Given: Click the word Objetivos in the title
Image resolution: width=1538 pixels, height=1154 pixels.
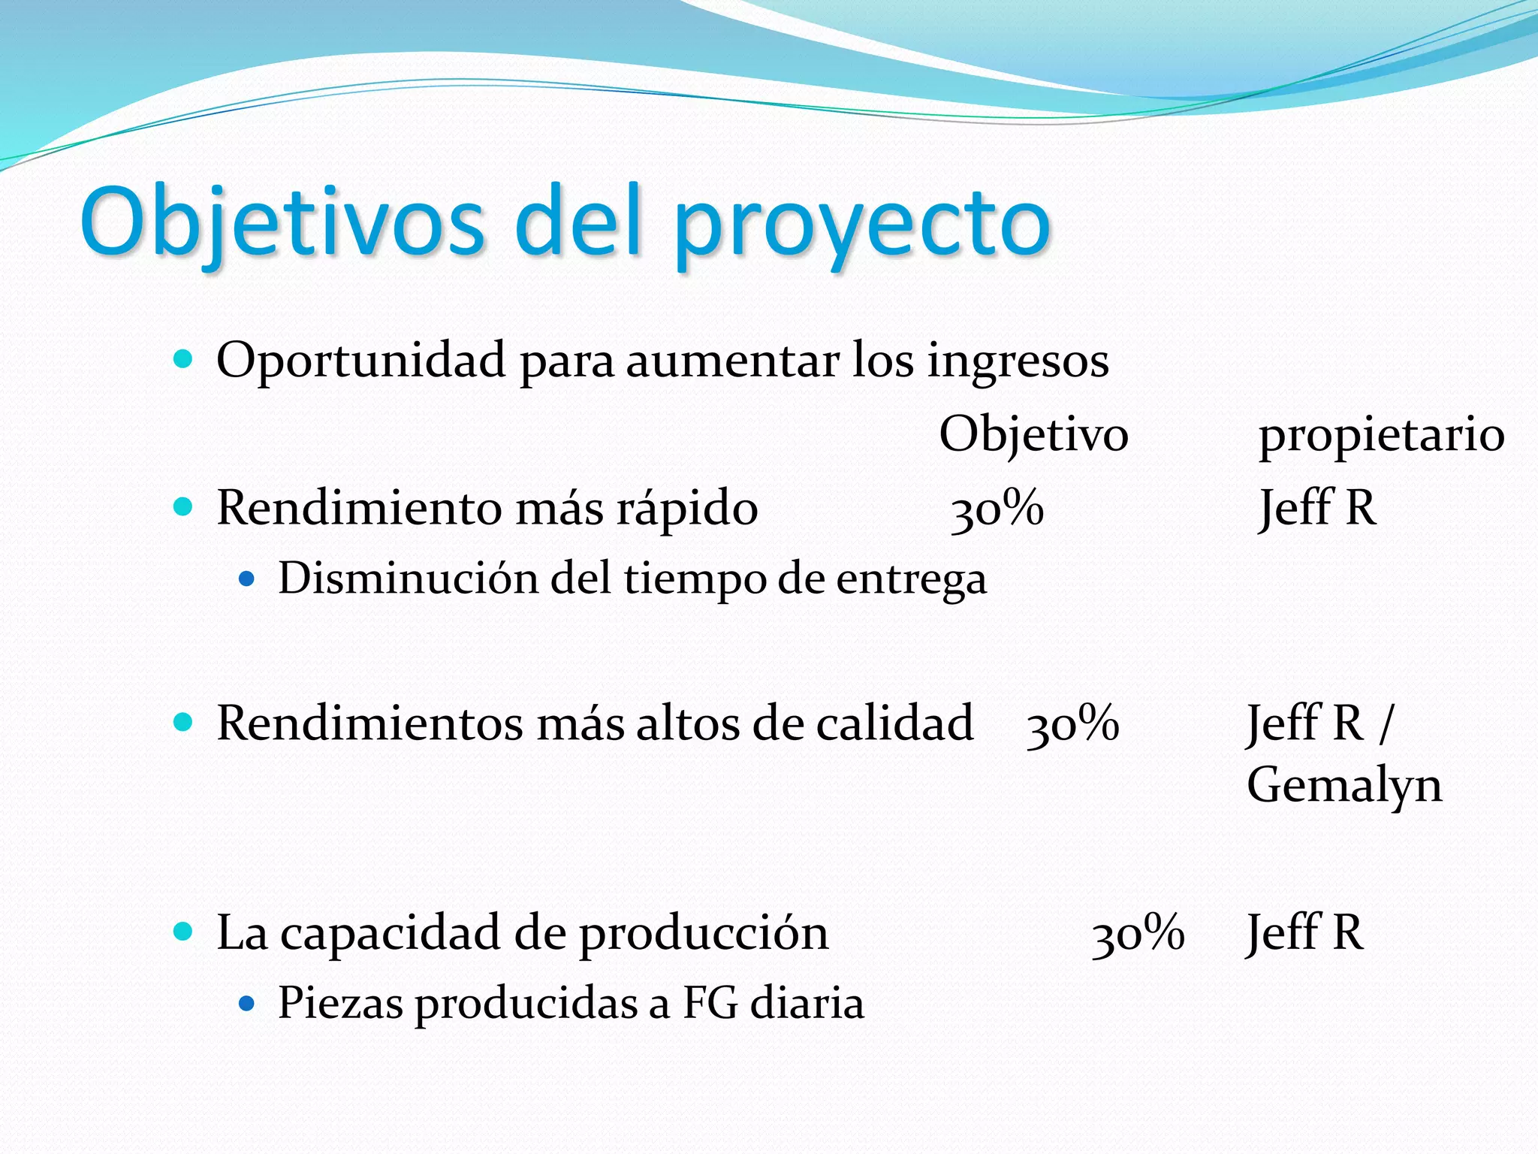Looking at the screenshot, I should [282, 222].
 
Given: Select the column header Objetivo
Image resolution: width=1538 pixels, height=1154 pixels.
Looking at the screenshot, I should [1033, 435].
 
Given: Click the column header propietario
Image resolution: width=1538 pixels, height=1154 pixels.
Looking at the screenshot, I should [1381, 435].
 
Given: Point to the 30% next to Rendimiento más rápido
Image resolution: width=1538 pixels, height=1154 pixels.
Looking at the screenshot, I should [997, 509].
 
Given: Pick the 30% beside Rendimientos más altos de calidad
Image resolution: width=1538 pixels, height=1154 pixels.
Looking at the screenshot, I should [1072, 724].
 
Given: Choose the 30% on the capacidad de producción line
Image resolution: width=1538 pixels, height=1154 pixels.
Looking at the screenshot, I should [1138, 933].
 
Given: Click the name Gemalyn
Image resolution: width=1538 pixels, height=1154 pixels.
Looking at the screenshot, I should [1344, 786].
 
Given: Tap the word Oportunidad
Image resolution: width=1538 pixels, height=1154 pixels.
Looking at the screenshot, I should [360, 361].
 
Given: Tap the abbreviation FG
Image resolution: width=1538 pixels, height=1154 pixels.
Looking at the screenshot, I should [710, 1003].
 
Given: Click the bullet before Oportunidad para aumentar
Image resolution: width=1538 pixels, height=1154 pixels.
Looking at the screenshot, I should [182, 358].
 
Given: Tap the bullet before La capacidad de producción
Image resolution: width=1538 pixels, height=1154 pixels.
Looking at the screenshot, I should [182, 932].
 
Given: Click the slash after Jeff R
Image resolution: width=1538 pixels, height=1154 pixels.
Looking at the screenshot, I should [1385, 724].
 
